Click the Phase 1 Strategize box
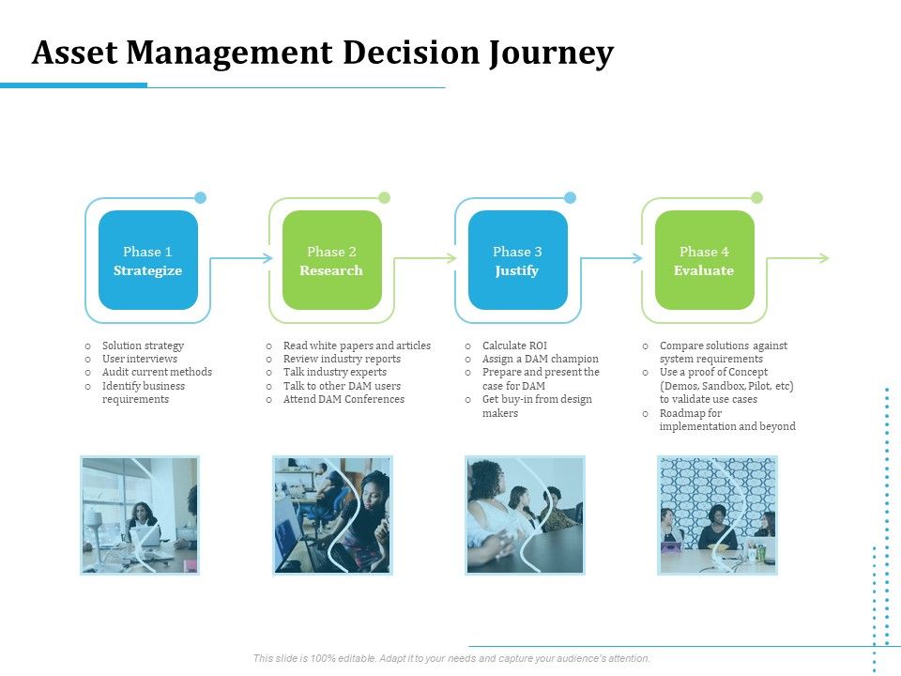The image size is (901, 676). [147, 260]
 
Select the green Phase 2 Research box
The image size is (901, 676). [331, 260]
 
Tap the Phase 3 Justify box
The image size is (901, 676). [517, 260]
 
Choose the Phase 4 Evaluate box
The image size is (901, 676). [704, 260]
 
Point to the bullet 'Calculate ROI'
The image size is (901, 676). [513, 346]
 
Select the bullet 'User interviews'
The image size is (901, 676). [139, 359]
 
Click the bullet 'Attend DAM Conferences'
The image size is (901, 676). [344, 399]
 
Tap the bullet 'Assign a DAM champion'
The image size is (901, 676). [540, 359]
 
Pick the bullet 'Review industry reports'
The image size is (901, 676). [342, 359]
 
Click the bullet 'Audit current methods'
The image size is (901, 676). [157, 372]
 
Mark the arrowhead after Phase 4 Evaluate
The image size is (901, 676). [824, 257]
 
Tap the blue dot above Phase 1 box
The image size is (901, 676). [200, 197]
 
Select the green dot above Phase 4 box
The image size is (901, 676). [756, 197]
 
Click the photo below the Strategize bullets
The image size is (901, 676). [139, 515]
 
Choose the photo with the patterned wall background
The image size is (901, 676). [717, 515]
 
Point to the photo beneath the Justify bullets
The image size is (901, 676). [525, 515]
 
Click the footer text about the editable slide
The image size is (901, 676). [451, 658]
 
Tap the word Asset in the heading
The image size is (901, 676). [74, 54]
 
